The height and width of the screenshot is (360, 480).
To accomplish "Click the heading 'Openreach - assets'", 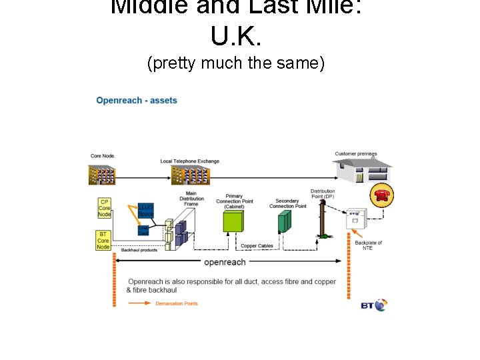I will [137, 101].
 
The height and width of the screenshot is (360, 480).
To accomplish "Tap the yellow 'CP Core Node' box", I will [104, 208].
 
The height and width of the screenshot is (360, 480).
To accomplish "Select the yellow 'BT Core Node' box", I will [103, 240].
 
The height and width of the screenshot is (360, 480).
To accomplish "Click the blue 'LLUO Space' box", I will [145, 211].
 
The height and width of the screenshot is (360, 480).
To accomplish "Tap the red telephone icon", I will [382, 194].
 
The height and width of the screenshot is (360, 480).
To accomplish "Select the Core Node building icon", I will [103, 175].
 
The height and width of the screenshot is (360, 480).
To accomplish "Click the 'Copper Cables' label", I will [257, 246].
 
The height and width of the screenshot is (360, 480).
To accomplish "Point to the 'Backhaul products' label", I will [139, 250].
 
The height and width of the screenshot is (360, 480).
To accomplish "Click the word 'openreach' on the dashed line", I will [225, 262].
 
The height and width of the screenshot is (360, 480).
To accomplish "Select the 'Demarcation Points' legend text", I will [176, 303].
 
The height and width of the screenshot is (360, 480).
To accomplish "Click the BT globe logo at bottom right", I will [374, 305].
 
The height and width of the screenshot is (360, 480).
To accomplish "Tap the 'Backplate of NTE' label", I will [368, 245].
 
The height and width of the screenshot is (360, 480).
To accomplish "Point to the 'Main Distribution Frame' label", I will [191, 198].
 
